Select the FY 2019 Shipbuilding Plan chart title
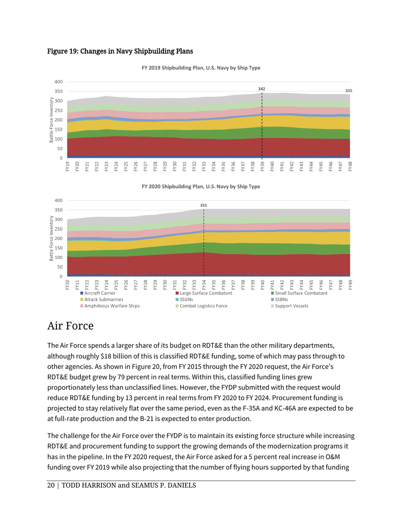[201, 68]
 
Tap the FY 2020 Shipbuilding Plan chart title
[201, 186]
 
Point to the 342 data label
[262, 89]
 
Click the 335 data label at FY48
[349, 91]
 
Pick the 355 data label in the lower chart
[204, 205]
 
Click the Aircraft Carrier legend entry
[97, 293]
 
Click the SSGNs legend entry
[187, 299]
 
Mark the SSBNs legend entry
[283, 299]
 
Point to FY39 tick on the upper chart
[262, 165]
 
